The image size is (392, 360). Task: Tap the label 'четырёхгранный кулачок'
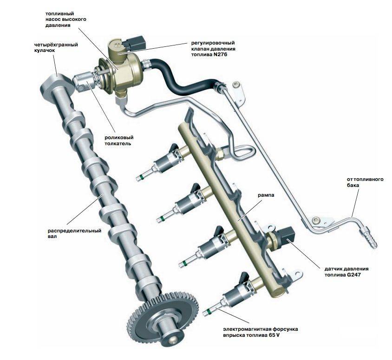55,48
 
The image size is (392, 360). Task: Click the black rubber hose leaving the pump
186,81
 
